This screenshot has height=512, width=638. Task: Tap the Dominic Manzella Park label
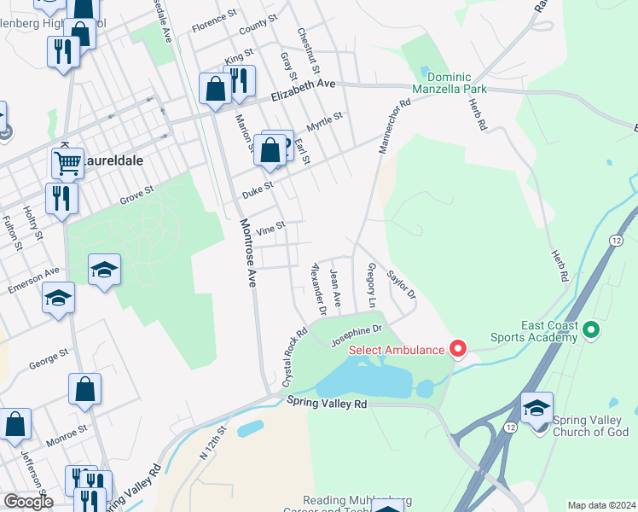(x=449, y=82)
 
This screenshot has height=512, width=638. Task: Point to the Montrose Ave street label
(x=247, y=253)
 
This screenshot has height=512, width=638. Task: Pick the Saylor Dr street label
(x=401, y=285)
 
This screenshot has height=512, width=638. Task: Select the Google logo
(x=28, y=501)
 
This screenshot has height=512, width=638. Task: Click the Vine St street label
(x=270, y=227)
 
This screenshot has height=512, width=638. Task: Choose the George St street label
(x=49, y=358)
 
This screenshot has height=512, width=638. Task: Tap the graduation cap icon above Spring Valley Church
(x=536, y=408)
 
